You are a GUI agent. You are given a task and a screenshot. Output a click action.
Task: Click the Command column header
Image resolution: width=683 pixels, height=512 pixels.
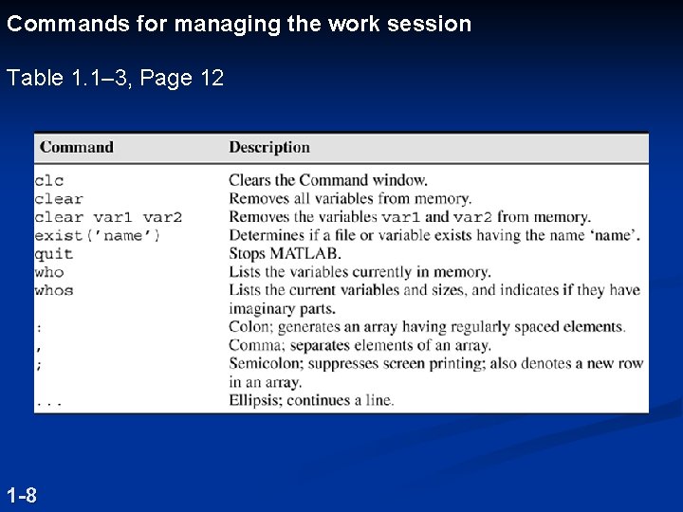(x=77, y=147)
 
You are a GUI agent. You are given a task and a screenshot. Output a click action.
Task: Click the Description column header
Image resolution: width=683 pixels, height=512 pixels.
(x=269, y=147)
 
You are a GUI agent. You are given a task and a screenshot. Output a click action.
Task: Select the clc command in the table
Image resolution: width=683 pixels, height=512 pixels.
(x=48, y=180)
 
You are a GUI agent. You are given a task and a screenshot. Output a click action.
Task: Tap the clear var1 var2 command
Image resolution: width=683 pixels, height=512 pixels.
(x=108, y=217)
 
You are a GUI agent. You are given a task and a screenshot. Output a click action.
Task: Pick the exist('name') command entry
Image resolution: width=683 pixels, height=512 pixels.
(x=98, y=235)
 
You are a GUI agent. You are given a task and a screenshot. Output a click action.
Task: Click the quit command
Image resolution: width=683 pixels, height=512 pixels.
(x=54, y=254)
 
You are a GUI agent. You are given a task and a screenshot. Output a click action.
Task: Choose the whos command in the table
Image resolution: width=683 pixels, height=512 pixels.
(x=54, y=290)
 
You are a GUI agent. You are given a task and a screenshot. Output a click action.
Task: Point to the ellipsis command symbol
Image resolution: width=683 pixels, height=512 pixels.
(x=49, y=402)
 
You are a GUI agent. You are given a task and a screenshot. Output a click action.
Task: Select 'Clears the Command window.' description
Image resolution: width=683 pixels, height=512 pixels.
(x=328, y=180)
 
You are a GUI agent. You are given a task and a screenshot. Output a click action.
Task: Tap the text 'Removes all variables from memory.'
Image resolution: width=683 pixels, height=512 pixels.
(x=350, y=199)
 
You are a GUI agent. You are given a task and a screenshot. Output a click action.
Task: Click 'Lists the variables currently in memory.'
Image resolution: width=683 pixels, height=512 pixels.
(x=360, y=272)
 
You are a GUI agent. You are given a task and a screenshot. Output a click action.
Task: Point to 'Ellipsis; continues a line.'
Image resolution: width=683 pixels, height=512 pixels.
(x=311, y=400)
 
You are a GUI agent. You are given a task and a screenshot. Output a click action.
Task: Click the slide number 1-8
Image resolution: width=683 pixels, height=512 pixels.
(x=22, y=495)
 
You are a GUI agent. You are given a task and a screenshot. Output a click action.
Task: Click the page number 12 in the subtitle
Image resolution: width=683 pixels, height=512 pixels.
(x=212, y=78)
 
